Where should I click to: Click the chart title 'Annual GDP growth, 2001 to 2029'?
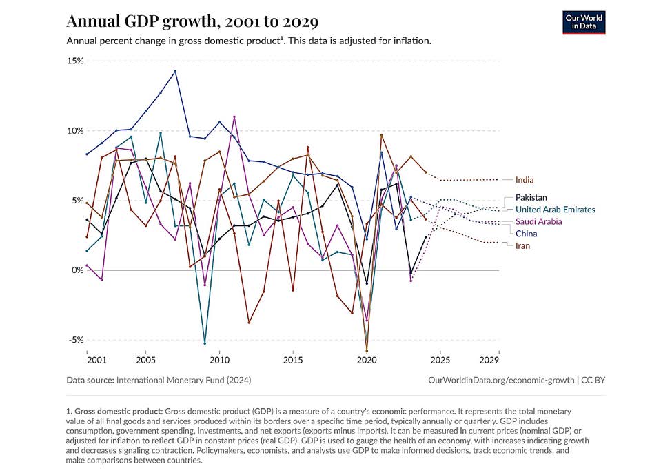coord(192,22)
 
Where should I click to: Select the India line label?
coord(525,180)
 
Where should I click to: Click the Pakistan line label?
coord(531,198)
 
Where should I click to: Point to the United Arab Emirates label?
coord(555,210)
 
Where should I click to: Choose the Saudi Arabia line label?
coord(538,222)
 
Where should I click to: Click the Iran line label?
coord(522,246)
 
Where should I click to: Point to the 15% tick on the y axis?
coord(74,61)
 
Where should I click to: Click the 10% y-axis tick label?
coord(74,131)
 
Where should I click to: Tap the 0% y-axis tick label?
coord(77,270)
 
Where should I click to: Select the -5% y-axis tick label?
coord(74,340)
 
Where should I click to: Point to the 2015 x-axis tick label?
coord(293,361)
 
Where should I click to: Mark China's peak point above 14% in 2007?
coord(175,71)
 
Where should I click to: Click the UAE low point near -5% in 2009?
coord(205,343)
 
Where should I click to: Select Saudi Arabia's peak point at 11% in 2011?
coord(234,117)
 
